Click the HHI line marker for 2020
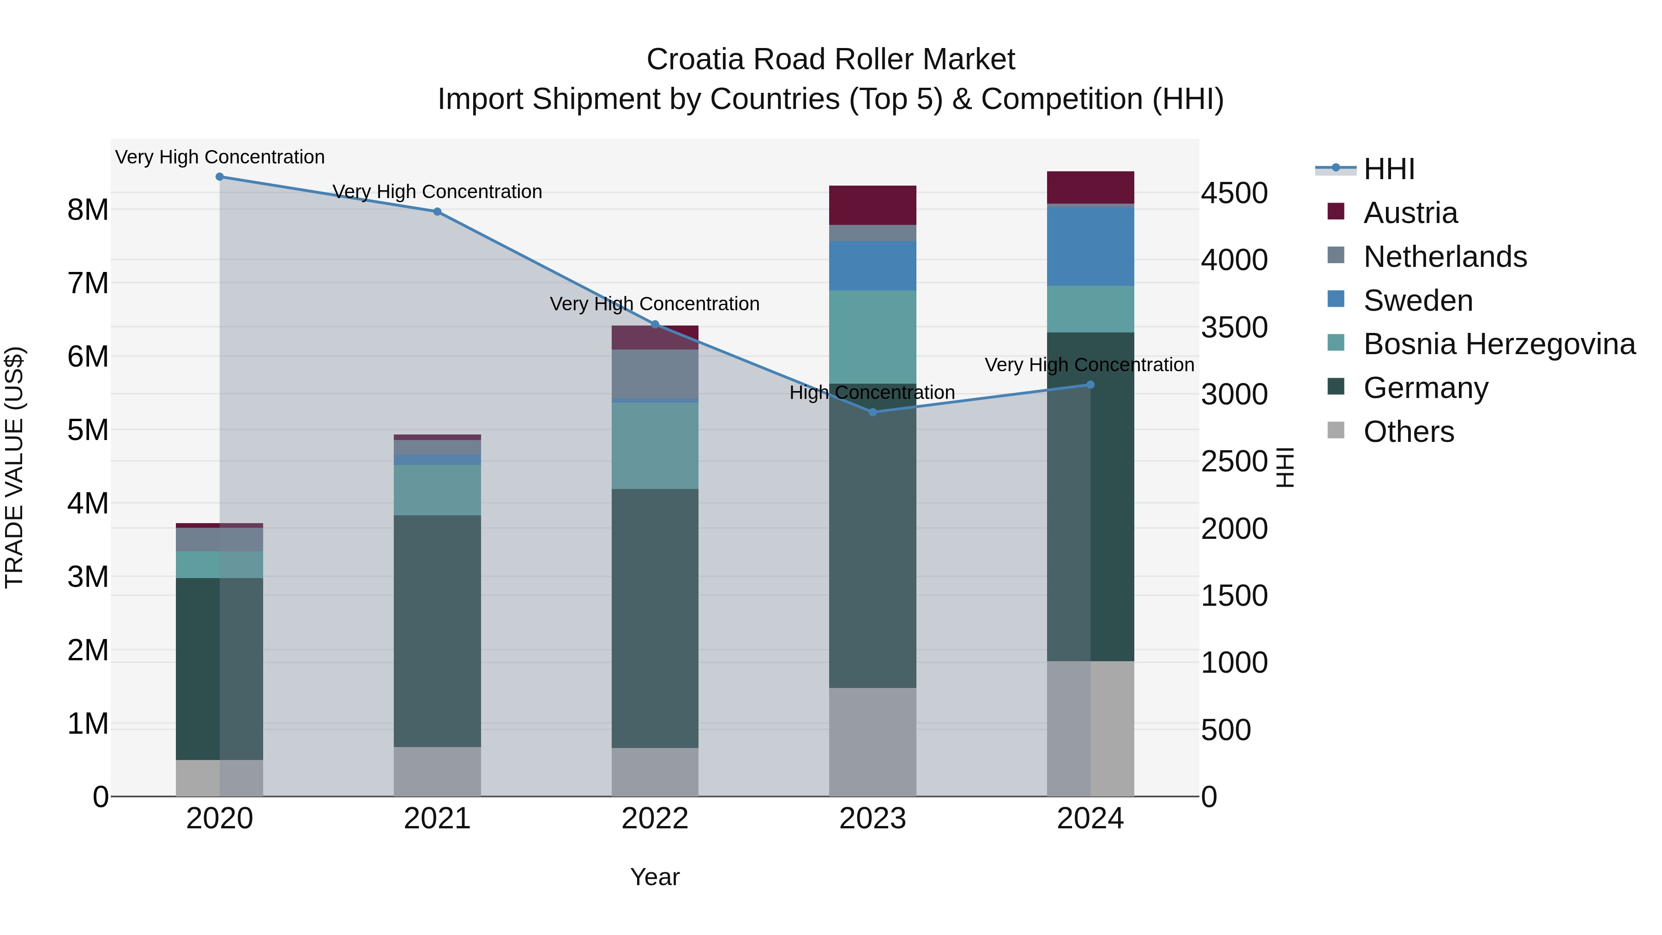pyautogui.click(x=219, y=176)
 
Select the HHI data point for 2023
pyautogui.click(x=872, y=412)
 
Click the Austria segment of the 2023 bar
pyautogui.click(x=872, y=205)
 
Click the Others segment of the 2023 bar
pyautogui.click(x=872, y=742)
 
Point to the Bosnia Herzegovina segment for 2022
pyautogui.click(x=655, y=445)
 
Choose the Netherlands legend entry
pyautogui.click(x=1445, y=257)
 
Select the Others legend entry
pyautogui.click(x=1409, y=432)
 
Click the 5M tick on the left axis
pyautogui.click(x=88, y=430)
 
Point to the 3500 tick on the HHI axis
pyautogui.click(x=1234, y=327)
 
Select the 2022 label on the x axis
pyautogui.click(x=655, y=819)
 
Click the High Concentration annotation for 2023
pyautogui.click(x=872, y=392)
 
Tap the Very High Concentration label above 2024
pyautogui.click(x=1089, y=365)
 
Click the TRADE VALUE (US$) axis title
pyautogui.click(x=14, y=467)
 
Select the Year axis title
pyautogui.click(x=655, y=877)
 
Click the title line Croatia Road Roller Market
pyautogui.click(x=831, y=60)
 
